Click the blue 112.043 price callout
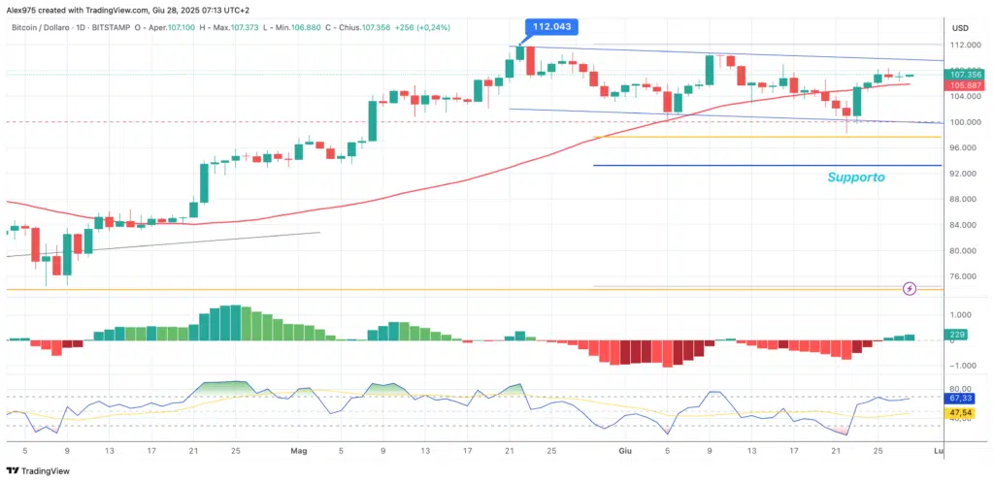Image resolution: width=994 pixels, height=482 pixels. (552, 26)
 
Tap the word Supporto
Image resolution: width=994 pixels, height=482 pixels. (856, 177)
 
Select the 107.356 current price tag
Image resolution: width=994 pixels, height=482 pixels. (966, 75)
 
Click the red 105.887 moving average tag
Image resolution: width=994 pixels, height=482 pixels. (966, 84)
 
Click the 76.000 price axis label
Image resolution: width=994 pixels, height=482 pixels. (963, 276)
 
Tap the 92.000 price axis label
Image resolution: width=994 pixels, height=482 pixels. (963, 174)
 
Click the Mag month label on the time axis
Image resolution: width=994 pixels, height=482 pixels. (298, 451)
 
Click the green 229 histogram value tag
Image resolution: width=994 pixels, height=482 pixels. (957, 336)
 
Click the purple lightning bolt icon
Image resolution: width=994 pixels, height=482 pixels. (910, 288)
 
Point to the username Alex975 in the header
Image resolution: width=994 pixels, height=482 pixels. (21, 9)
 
